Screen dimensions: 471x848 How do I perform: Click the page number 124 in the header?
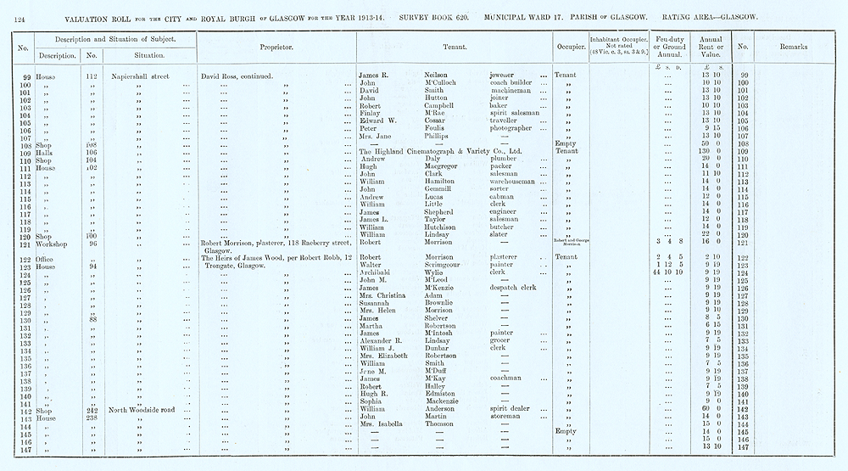tap(20, 17)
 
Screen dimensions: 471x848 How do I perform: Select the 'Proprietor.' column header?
tap(276, 48)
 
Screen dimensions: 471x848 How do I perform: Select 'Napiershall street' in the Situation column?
tap(140, 76)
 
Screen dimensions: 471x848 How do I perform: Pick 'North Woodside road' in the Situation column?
tap(142, 409)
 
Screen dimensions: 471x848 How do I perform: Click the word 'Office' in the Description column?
tap(45, 257)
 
